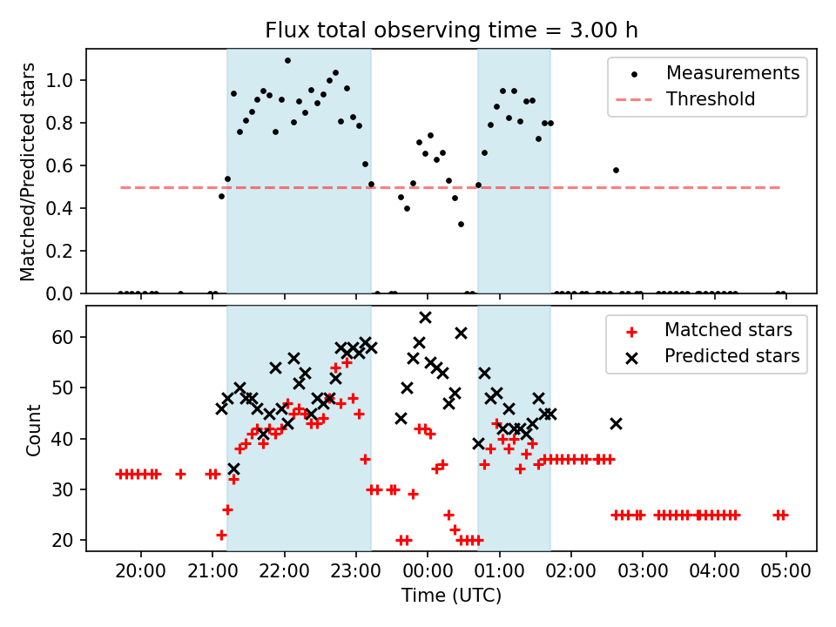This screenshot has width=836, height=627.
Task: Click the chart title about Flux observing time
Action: click(x=451, y=30)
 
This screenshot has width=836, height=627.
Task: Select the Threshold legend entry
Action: click(x=710, y=99)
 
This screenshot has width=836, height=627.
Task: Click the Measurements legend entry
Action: click(x=732, y=73)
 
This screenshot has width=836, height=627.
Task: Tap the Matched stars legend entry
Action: click(x=728, y=330)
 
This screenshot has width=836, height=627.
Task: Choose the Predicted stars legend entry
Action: click(x=731, y=356)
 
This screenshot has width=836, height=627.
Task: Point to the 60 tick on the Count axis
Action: click(x=71, y=337)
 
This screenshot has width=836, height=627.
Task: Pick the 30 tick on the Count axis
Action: click(x=71, y=490)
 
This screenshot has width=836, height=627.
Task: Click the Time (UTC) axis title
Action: click(x=451, y=597)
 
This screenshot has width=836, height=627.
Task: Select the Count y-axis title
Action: click(x=34, y=429)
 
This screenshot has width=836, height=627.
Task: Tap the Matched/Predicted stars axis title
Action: click(x=28, y=172)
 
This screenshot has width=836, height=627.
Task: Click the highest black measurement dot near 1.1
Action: click(x=287, y=61)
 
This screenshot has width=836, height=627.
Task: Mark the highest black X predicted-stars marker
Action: click(x=425, y=318)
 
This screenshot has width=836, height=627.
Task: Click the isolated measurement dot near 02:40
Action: click(x=616, y=171)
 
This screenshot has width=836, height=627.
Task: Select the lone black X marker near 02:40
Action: click(x=616, y=423)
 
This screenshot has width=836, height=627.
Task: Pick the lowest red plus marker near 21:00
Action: click(x=221, y=535)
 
